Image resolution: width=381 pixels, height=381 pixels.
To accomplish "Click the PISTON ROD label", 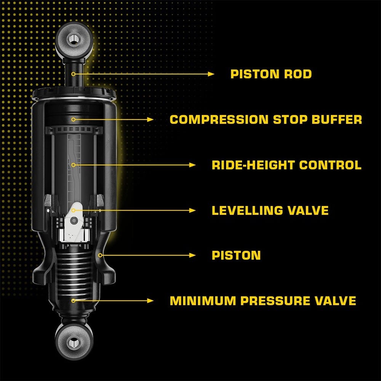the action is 271,74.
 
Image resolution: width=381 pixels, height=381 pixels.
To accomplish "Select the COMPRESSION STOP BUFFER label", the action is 266,120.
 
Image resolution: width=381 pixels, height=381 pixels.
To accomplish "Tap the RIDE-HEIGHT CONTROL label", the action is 287,165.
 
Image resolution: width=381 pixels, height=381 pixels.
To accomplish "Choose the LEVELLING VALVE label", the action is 270,210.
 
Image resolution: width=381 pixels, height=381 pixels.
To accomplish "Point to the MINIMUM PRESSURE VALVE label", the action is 263,301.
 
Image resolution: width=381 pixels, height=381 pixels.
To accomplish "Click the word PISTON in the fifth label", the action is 236,255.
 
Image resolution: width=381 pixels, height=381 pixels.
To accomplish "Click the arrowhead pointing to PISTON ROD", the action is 211,74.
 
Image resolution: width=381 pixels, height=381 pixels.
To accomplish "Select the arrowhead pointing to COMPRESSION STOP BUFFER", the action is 150,120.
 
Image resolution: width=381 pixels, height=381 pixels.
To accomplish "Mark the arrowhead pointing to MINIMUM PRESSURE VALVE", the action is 150,301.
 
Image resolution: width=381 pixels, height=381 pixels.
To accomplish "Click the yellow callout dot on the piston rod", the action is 74,74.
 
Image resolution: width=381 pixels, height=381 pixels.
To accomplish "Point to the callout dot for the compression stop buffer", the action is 74,120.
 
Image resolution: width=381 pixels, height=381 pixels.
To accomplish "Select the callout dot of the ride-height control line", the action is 74,165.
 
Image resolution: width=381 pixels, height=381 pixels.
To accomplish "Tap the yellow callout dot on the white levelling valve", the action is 74,210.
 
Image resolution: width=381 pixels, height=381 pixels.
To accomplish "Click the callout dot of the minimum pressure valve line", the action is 74,301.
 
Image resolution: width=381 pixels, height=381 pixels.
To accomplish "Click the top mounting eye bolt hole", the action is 74,39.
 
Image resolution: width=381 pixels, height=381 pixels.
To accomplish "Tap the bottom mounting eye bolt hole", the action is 74,343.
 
